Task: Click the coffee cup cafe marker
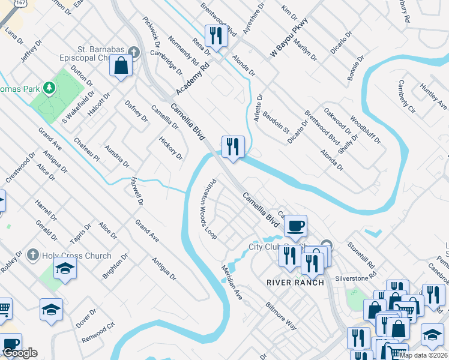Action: (x=295, y=226)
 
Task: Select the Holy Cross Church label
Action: (x=76, y=256)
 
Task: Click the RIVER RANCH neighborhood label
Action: (x=295, y=282)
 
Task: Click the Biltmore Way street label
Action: (x=282, y=315)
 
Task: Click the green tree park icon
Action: (x=49, y=88)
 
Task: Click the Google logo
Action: (x=20, y=353)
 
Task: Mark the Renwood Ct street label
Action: (x=98, y=331)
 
